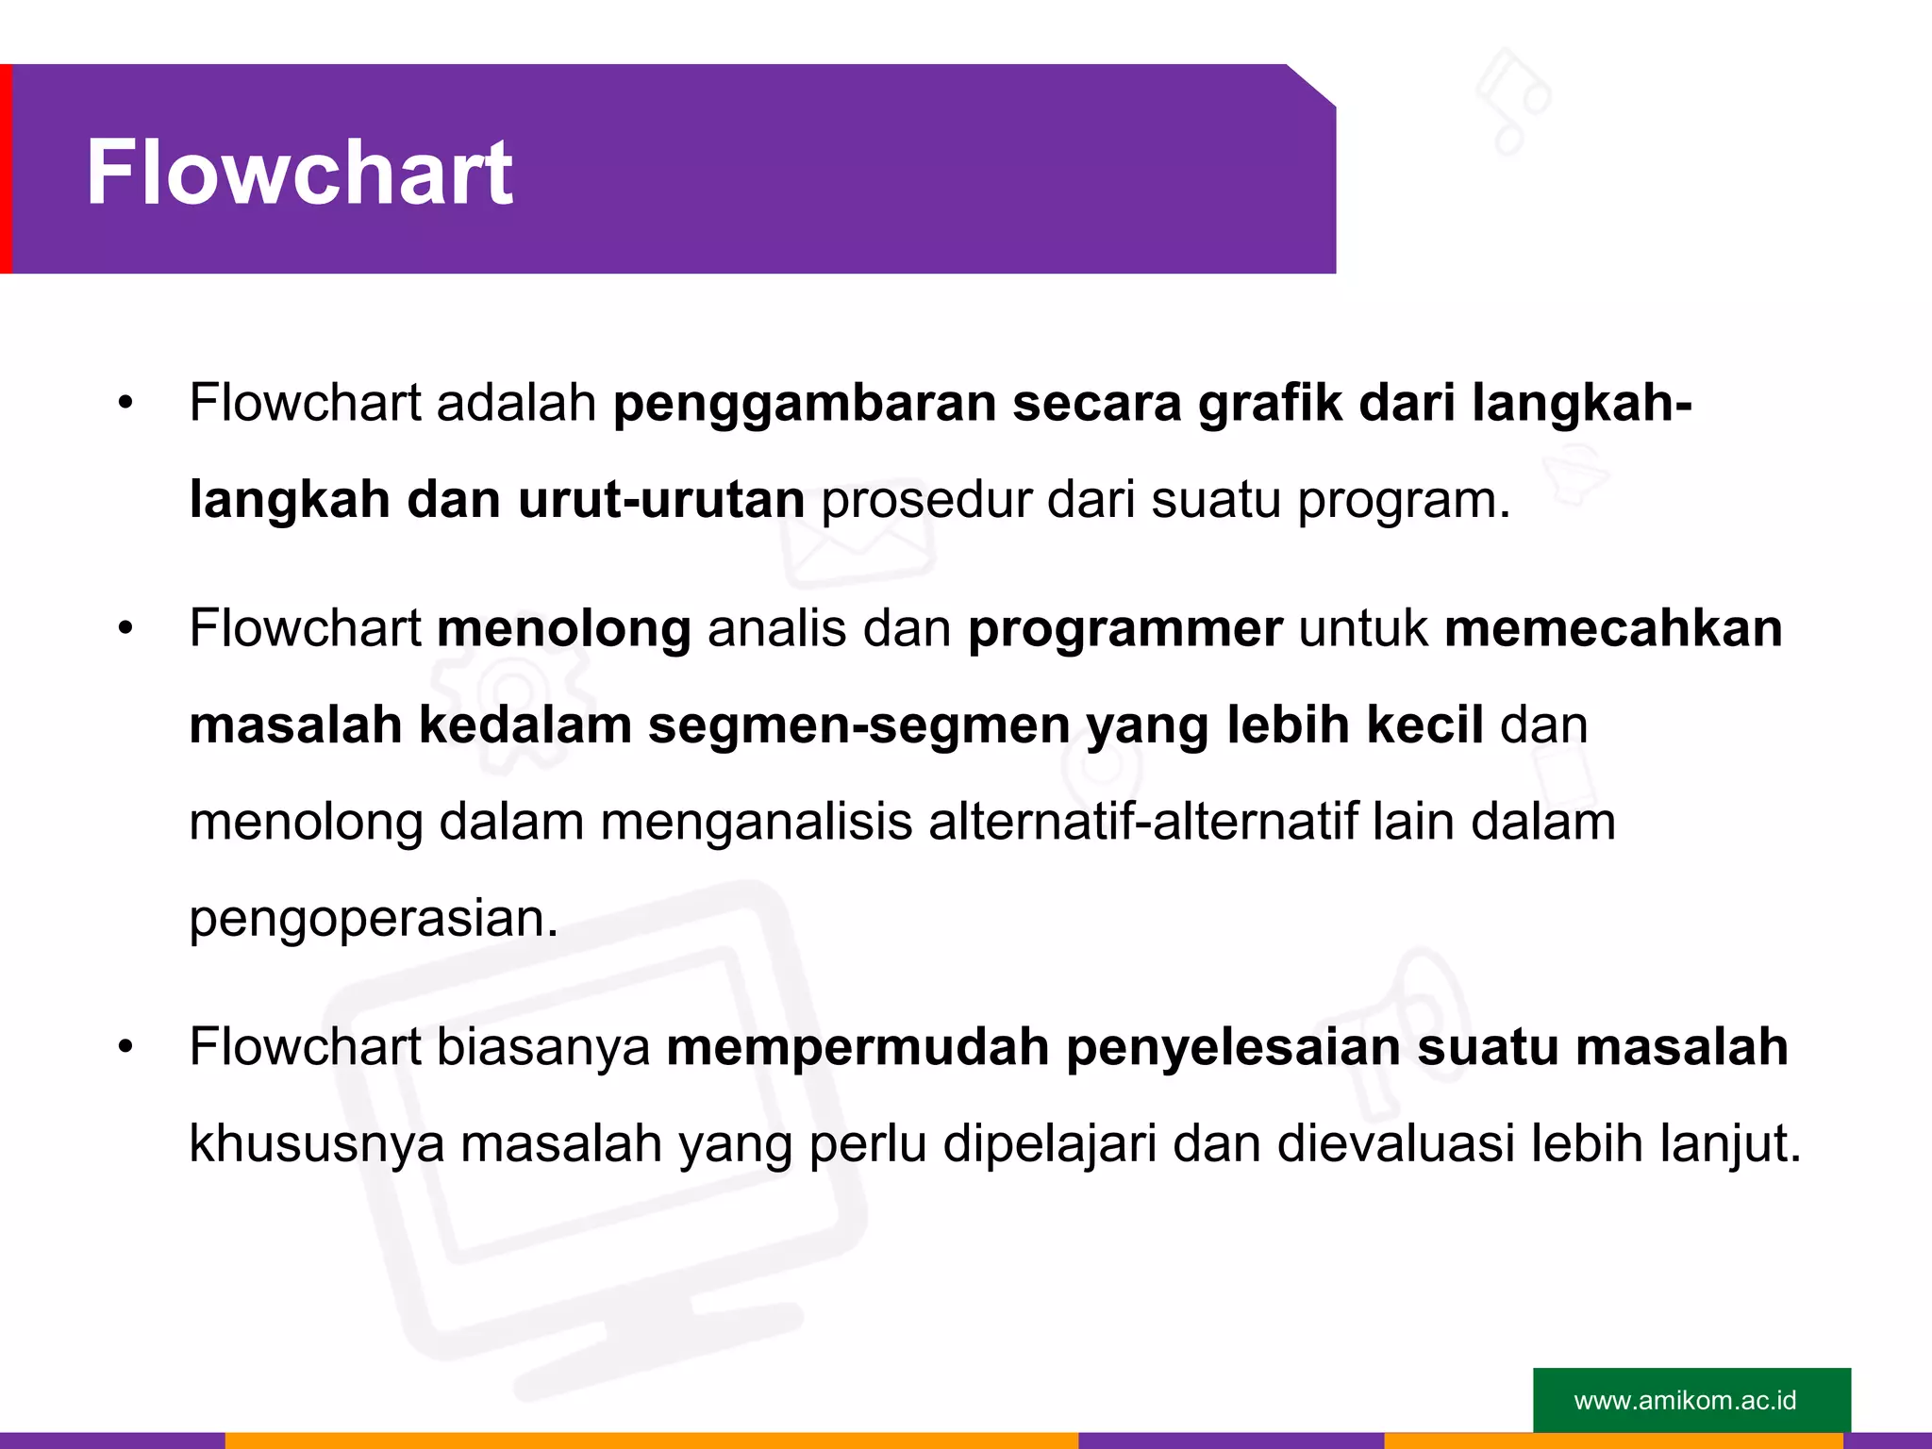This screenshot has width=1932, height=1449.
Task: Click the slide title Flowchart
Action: click(299, 173)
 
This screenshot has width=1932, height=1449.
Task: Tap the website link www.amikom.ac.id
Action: click(1685, 1400)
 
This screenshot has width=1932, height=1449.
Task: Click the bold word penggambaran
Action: click(805, 404)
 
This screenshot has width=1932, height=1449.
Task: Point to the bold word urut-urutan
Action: click(661, 499)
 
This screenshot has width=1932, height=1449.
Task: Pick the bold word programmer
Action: click(1125, 630)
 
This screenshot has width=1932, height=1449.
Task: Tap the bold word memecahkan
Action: click(1613, 628)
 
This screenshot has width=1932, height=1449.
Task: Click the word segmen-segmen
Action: click(858, 725)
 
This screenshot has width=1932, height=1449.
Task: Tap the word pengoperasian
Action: click(374, 919)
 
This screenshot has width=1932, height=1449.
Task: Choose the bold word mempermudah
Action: click(858, 1048)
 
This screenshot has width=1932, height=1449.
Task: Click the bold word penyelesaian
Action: click(1233, 1048)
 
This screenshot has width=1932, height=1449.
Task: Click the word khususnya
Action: click(317, 1144)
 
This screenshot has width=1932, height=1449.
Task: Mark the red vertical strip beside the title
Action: click(6, 169)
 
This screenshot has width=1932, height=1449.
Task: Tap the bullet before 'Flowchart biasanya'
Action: click(125, 1047)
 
